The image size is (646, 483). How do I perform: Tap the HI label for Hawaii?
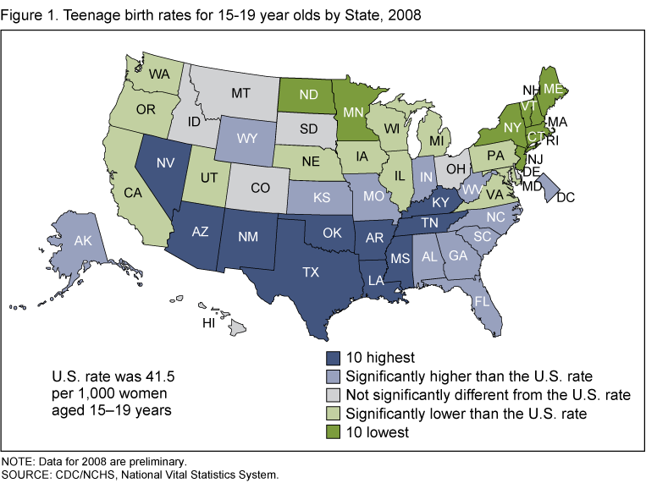point(208,324)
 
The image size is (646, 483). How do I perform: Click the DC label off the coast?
point(566,198)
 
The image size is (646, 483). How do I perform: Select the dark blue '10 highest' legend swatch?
point(334,358)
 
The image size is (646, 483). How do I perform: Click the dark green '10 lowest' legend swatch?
point(334,432)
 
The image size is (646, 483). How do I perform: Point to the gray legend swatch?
point(334,395)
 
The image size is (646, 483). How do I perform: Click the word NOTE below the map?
point(18,462)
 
